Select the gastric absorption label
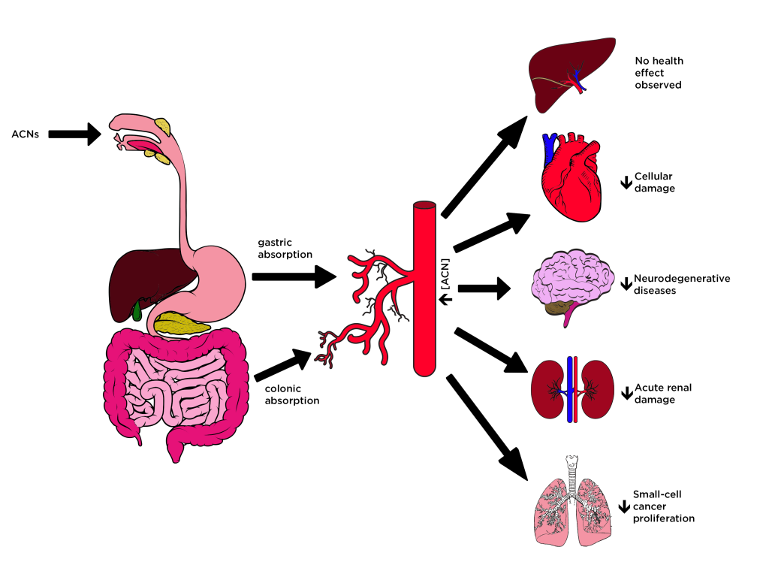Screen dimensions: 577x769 285,249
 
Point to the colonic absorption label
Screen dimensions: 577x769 291,394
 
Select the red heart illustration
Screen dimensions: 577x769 571,177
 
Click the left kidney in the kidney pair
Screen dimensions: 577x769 548,388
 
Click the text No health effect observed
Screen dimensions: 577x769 659,73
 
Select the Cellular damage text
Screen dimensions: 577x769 655,182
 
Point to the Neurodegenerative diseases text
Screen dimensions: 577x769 682,284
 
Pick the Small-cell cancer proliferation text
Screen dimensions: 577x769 663,506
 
